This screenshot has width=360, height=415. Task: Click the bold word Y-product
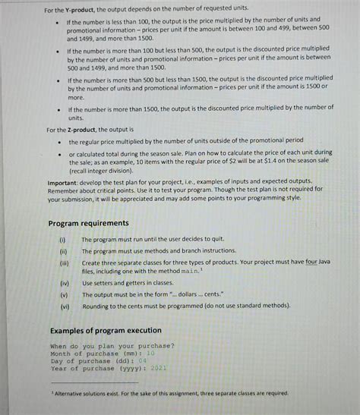[x=81, y=10]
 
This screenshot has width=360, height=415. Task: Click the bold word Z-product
[x=81, y=130]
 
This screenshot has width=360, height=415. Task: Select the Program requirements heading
[x=89, y=222]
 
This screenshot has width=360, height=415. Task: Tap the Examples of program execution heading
[x=106, y=330]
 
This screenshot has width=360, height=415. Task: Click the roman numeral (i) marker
[x=62, y=239]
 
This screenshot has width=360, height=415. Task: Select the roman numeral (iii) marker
[x=63, y=261]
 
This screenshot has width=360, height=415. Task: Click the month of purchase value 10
[x=150, y=353]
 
